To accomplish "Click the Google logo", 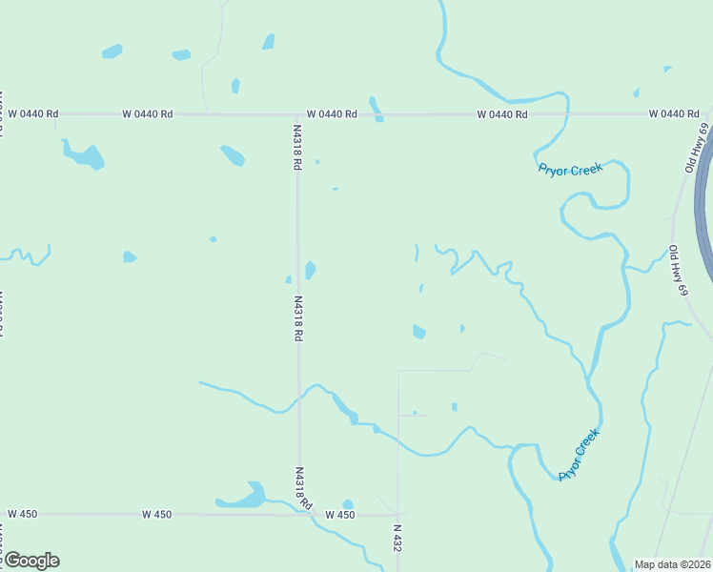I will (x=31, y=560).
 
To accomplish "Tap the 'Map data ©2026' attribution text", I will (x=672, y=563).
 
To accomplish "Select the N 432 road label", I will (x=397, y=539).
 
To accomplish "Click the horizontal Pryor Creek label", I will (x=570, y=169).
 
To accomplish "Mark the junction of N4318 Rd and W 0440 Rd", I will (x=296, y=114).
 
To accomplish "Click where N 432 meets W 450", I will (x=397, y=515).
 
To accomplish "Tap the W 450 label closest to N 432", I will (x=339, y=515).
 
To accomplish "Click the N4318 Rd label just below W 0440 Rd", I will (x=296, y=145).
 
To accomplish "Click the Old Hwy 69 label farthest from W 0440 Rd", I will (x=678, y=270).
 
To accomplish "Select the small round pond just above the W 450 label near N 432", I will (x=348, y=504).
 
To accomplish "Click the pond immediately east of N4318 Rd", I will (x=310, y=271).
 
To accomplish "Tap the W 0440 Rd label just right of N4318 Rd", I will (x=332, y=114).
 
